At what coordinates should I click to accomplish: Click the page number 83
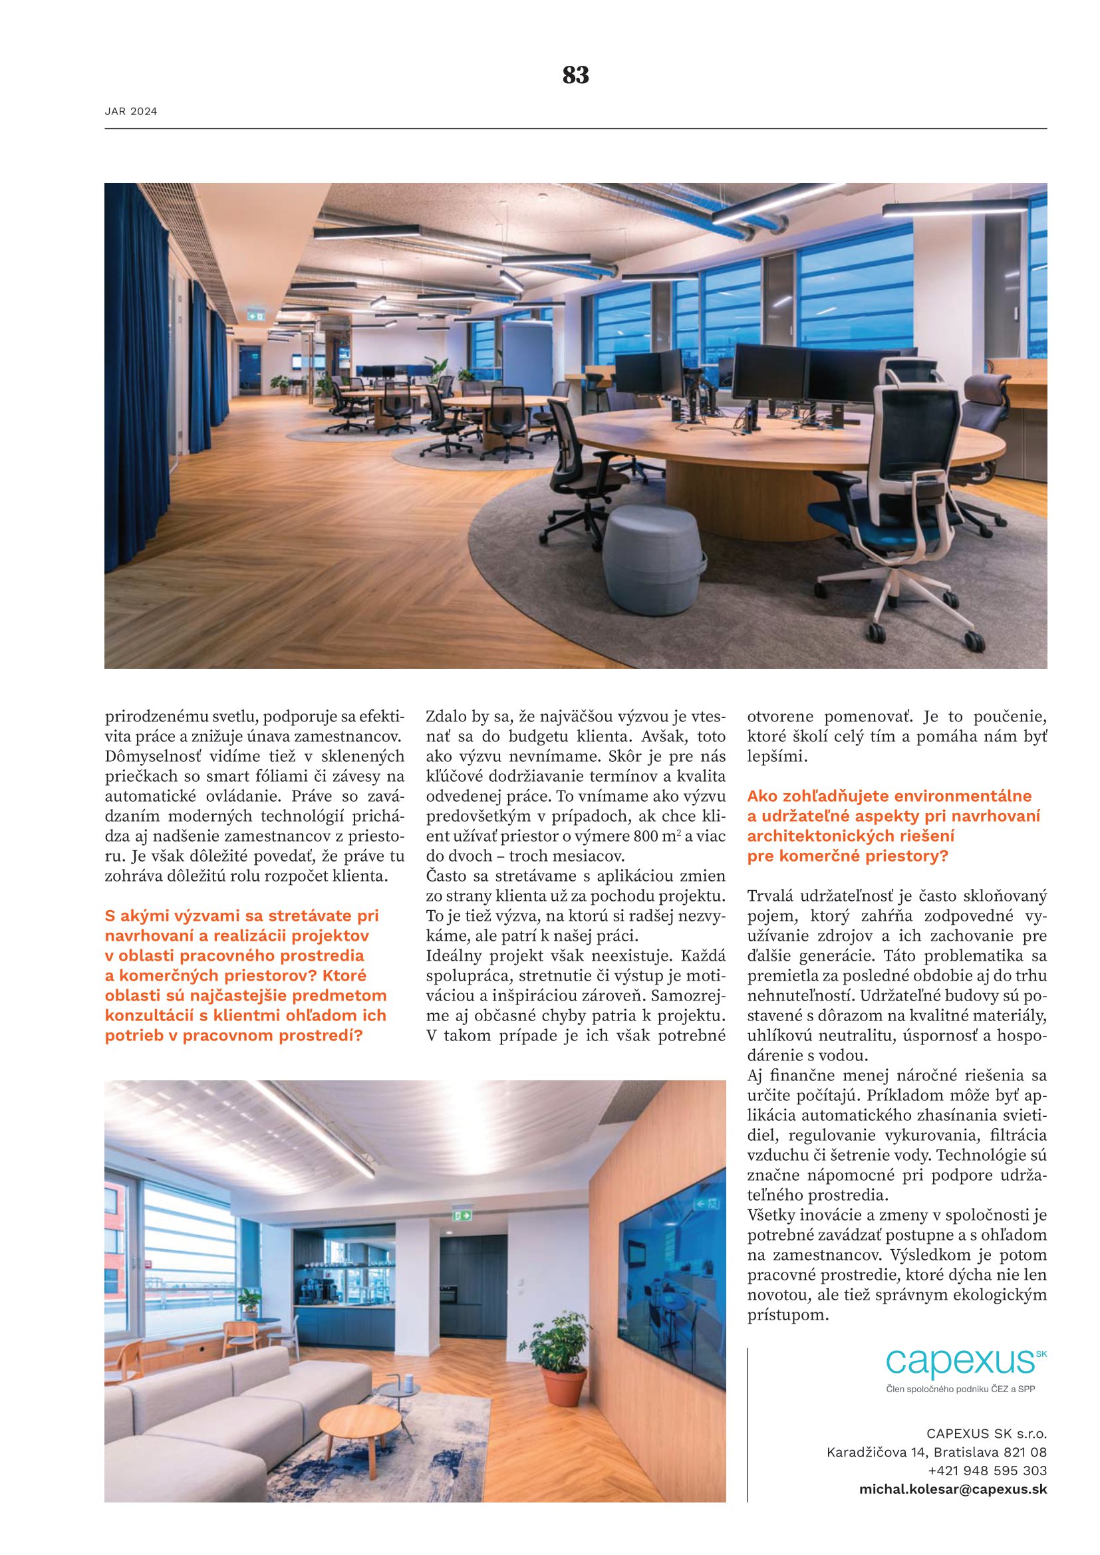pos(575,75)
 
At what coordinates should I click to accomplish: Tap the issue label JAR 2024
pos(131,112)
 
